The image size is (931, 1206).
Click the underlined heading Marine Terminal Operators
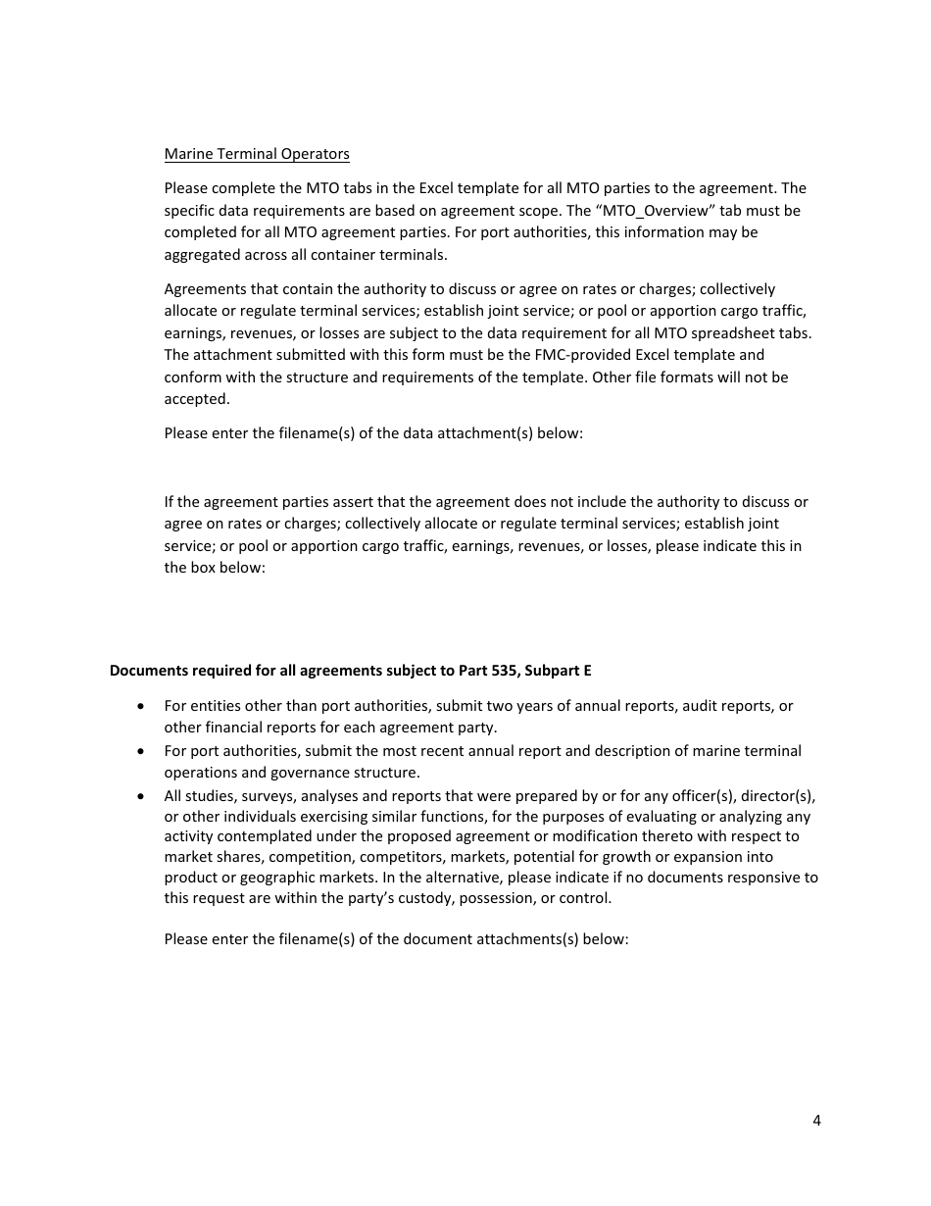pyautogui.click(x=257, y=154)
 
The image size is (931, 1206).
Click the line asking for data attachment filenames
pyautogui.click(x=373, y=433)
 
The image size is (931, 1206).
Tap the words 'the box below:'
pyautogui.click(x=215, y=568)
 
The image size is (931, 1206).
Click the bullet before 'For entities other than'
pyautogui.click(x=144, y=706)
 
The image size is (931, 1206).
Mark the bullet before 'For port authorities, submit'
pyautogui.click(x=144, y=751)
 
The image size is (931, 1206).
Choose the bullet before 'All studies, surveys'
pyautogui.click(x=144, y=796)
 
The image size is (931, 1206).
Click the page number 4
pyautogui.click(x=816, y=1122)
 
